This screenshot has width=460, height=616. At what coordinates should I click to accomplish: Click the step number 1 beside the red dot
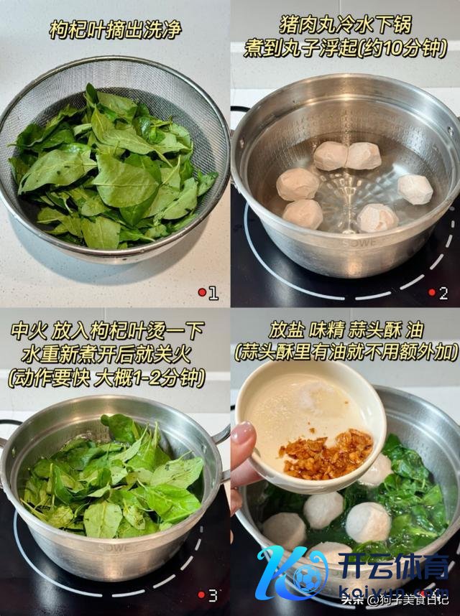coord(213,293)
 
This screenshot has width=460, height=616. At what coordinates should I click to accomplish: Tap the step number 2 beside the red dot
coord(443,293)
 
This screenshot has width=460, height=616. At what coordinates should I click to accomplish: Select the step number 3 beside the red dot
coord(213,595)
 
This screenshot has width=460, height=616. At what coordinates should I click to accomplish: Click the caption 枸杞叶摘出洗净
coord(115,30)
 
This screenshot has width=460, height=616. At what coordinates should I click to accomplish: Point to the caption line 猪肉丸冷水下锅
coord(345,24)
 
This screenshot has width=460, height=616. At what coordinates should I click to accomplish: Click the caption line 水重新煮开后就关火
coord(106,355)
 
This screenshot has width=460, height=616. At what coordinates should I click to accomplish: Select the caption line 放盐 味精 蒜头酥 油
coord(346,330)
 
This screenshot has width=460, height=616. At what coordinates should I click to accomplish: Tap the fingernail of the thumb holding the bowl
coord(244,432)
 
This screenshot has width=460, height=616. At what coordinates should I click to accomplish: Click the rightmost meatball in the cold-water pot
coord(415,190)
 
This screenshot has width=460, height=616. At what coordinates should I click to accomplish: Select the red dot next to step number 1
coord(202,292)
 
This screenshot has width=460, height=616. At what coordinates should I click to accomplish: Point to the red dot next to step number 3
coord(202,594)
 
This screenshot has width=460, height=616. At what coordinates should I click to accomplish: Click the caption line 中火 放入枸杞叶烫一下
coord(107,331)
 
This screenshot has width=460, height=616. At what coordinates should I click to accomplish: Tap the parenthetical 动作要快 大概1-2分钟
coord(107,378)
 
